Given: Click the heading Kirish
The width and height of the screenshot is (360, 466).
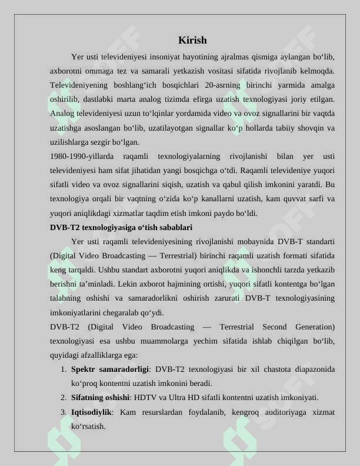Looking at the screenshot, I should pyautogui.click(x=192, y=41).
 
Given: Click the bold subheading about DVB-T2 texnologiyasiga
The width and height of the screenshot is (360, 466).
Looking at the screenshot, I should pyautogui.click(x=121, y=227).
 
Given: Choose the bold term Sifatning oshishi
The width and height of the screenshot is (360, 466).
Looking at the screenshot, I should pyautogui.click(x=100, y=398).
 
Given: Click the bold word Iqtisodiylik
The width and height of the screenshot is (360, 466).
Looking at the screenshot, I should pyautogui.click(x=91, y=412).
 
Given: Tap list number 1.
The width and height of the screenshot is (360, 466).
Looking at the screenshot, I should pyautogui.click(x=63, y=370).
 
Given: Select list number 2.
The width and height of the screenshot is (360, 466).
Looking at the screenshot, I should pyautogui.click(x=63, y=398).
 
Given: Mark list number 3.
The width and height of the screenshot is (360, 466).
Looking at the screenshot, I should pyautogui.click(x=63, y=412).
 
